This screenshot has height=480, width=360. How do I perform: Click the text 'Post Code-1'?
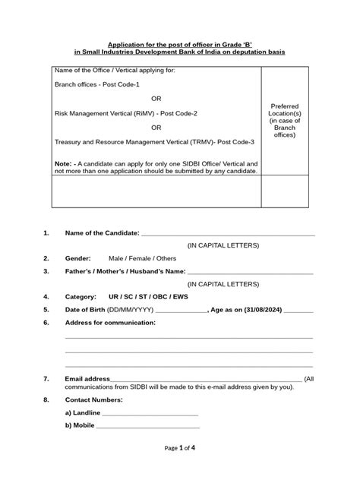[x=122, y=84]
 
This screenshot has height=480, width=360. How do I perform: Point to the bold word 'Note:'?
[x=63, y=163]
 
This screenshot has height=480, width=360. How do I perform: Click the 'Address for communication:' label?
[x=110, y=323]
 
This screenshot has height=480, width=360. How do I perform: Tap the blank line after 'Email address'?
[x=206, y=379]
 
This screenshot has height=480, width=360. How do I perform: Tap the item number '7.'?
[x=47, y=378]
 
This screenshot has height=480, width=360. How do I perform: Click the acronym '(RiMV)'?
[x=145, y=112]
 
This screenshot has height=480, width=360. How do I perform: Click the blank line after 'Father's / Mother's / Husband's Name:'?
[x=250, y=271]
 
